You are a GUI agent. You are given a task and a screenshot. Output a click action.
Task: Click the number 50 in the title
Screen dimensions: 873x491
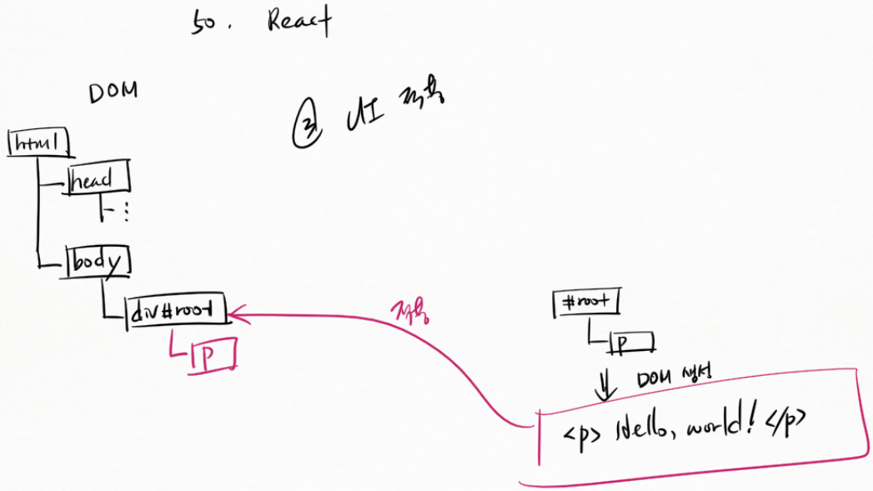tap(203, 23)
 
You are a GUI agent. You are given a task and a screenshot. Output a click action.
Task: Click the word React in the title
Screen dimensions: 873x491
tap(299, 21)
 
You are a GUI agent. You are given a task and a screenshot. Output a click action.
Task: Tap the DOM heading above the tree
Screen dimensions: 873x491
tap(113, 93)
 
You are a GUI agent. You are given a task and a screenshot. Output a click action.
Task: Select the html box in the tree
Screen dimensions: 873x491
tap(38, 143)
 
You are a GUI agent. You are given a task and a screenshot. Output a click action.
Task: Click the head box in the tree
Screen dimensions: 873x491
tap(99, 179)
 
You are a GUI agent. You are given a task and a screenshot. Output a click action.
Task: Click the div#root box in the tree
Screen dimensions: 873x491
tap(176, 313)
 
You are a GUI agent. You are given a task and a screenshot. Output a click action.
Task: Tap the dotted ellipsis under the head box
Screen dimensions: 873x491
tap(125, 213)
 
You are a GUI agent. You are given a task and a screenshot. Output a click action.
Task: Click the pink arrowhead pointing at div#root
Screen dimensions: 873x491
tap(236, 314)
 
